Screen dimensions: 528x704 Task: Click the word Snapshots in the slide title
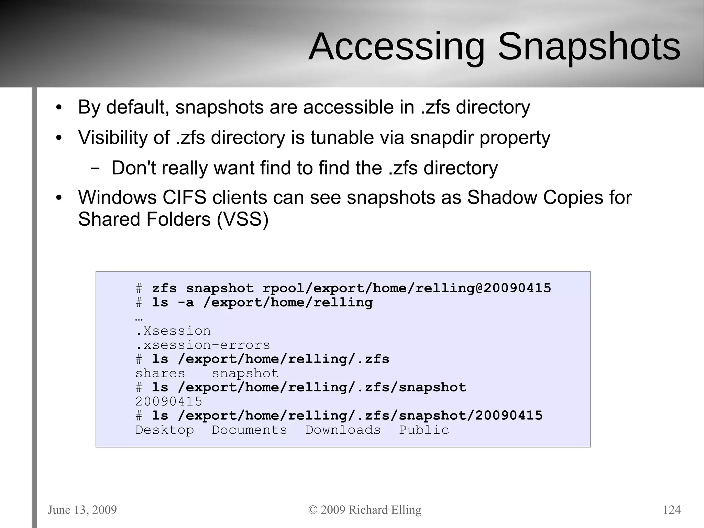589,47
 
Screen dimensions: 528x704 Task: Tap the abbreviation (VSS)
242,219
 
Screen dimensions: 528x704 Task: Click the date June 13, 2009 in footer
82,509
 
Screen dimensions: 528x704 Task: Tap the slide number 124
671,509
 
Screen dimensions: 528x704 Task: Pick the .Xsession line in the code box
173,331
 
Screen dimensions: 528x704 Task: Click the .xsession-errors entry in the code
203,345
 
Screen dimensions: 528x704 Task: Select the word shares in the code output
160,374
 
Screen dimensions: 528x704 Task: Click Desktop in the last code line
164,430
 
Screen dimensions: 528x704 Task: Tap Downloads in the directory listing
343,430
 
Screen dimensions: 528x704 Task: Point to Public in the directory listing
424,430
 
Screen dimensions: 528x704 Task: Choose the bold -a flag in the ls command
186,303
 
